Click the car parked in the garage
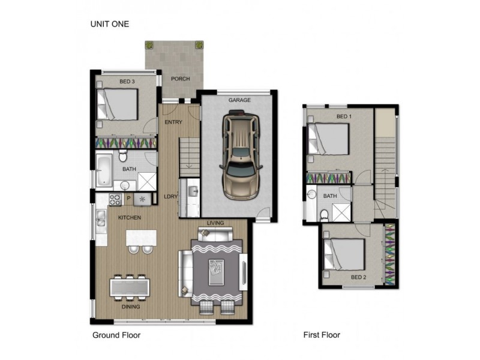point(241,155)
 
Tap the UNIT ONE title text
point(110,24)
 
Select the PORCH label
point(181,79)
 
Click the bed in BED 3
point(117,104)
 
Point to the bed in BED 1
point(328,139)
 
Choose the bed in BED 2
point(344,254)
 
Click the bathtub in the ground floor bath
point(104,170)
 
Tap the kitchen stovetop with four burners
point(115,200)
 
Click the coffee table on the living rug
point(216,272)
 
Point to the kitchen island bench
point(141,238)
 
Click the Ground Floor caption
point(116,335)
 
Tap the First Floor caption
point(322,335)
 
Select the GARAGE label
point(239,100)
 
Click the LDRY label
point(170,197)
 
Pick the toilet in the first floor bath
point(323,215)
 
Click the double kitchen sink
point(101,218)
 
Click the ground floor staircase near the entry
point(189,157)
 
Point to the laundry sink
point(193,191)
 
